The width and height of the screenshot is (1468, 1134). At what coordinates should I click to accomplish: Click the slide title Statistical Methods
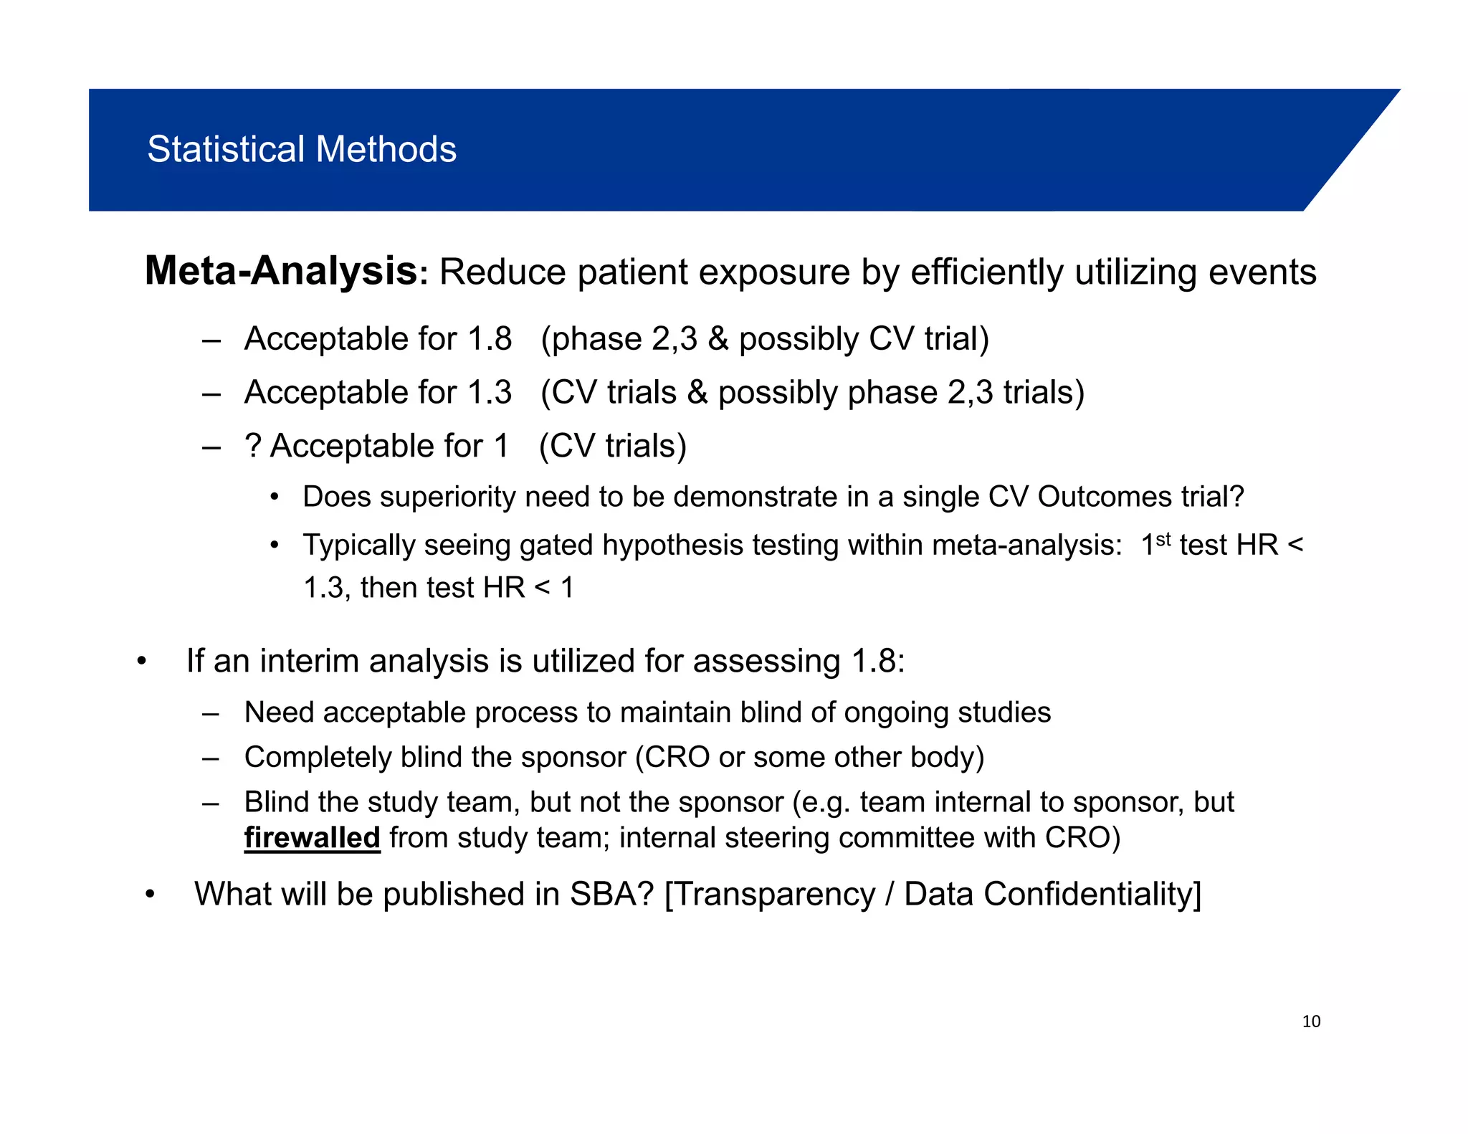click(302, 150)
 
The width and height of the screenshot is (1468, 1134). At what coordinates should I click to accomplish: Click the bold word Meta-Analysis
click(281, 272)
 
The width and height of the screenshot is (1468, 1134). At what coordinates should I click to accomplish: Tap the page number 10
click(1311, 1021)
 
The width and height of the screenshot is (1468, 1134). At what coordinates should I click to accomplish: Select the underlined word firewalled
click(312, 838)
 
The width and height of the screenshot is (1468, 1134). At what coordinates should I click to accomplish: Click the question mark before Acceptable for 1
click(252, 446)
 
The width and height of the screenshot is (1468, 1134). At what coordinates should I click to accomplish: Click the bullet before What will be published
click(150, 895)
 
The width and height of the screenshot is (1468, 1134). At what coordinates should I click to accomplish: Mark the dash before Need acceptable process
click(210, 714)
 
